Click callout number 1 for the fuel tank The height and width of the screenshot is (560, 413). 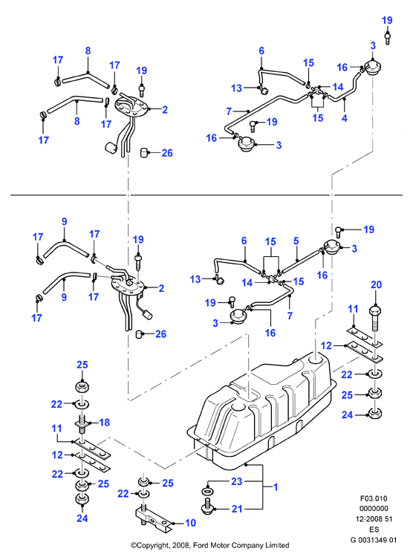coord(276,486)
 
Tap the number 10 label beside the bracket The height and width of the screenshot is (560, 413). coord(190,523)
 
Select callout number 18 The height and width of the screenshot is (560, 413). coord(104,423)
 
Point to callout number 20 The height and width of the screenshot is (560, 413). coord(376,284)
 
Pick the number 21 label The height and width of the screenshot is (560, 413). coord(237,509)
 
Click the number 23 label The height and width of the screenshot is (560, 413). coord(237,481)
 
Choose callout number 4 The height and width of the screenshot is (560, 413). coord(345,118)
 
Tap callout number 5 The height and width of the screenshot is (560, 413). coord(296,241)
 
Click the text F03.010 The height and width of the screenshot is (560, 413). coord(374,498)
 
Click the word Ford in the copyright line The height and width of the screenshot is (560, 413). coord(201,545)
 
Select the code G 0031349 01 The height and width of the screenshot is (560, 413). coord(374,540)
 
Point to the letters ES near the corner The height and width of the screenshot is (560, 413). coord(374,530)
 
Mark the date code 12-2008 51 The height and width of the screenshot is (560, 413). coord(374,519)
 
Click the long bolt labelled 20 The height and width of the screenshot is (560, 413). coord(375,318)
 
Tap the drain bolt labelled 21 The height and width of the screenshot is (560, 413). coord(207,509)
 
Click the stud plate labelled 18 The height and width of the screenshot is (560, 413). coord(82,423)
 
